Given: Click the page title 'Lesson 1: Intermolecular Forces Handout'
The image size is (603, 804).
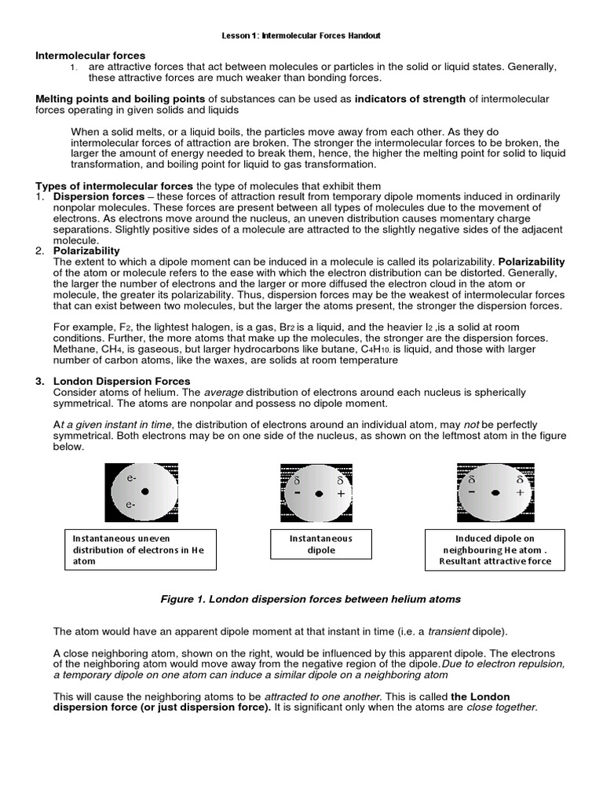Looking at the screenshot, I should (x=301, y=36).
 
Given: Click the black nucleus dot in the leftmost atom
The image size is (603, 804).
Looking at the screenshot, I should (x=145, y=492).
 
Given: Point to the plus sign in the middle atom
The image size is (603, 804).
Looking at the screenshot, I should (x=340, y=494).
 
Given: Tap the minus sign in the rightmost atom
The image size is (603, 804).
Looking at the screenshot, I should (x=471, y=492).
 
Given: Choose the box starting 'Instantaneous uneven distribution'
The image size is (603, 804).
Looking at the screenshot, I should (x=138, y=550).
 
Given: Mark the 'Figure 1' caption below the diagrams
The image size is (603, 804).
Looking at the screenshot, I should (x=310, y=599).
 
